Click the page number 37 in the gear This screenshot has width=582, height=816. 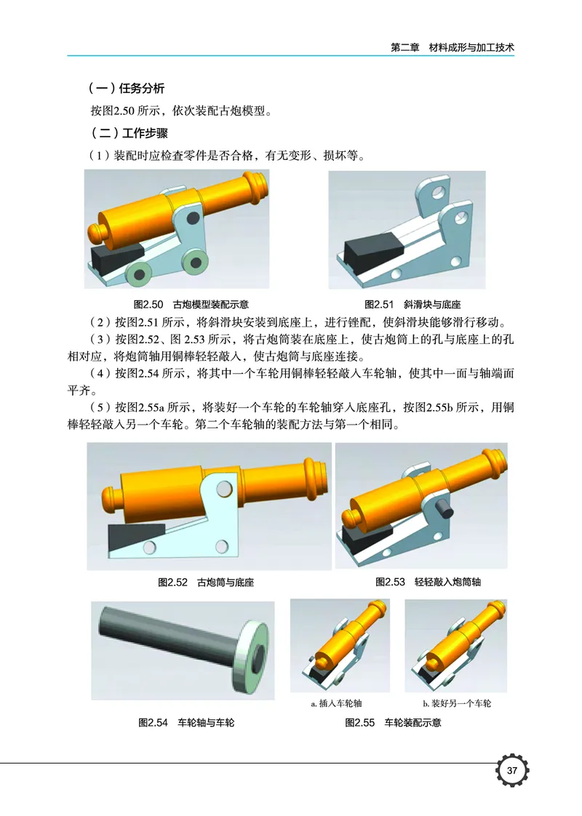coord(511,771)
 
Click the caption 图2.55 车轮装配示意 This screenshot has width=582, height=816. coord(393,723)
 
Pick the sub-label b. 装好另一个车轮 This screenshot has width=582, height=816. coord(457,704)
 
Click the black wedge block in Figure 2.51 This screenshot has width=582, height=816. coord(371,250)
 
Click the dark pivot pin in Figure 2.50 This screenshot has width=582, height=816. coord(193,217)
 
